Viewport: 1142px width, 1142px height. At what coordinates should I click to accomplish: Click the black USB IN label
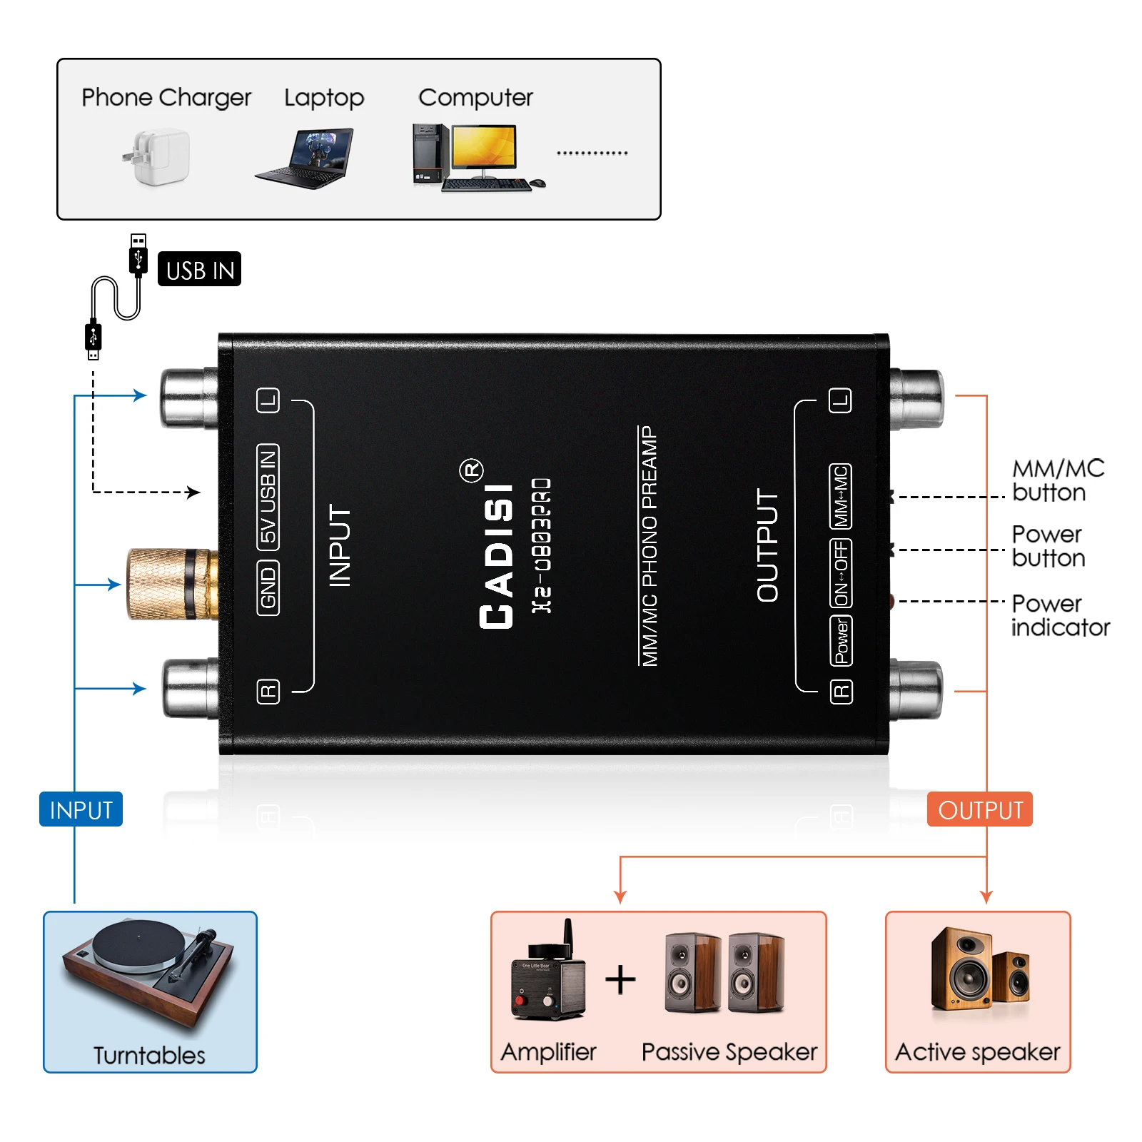tap(199, 269)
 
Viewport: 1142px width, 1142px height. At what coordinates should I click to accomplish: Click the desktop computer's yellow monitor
tap(485, 148)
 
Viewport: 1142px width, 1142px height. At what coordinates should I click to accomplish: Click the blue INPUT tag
tap(81, 809)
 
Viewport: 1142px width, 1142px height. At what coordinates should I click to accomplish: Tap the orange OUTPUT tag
tap(979, 809)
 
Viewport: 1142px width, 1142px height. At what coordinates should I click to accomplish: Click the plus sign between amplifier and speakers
tap(620, 979)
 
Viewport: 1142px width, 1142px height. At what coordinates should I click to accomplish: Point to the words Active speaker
tap(977, 1051)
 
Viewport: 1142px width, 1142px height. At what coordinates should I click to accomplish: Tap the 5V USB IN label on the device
tap(268, 497)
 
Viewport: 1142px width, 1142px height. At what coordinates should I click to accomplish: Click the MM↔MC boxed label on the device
tap(841, 496)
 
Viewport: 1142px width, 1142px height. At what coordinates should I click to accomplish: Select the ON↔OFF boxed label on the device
tap(841, 573)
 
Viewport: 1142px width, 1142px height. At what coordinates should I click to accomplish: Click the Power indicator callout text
tap(1059, 615)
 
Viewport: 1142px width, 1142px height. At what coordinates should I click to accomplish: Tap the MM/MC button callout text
tap(1057, 480)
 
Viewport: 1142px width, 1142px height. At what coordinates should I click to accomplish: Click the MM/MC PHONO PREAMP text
tap(649, 546)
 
